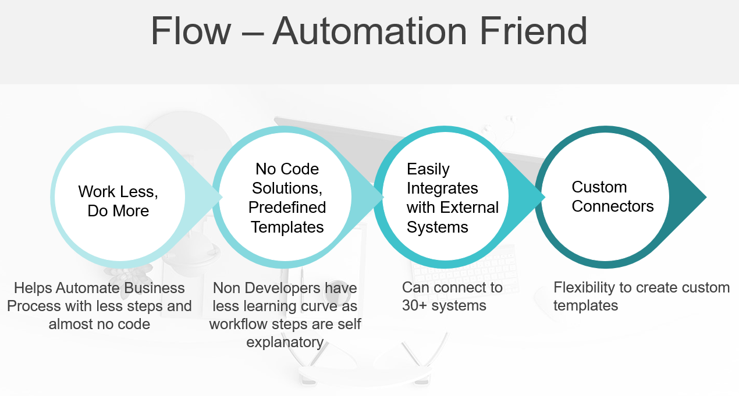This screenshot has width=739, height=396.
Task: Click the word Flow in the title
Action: click(191, 31)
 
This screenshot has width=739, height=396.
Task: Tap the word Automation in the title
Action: click(370, 31)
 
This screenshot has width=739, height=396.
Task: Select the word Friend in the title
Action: click(534, 31)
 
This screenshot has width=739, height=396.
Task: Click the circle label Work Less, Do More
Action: click(118, 201)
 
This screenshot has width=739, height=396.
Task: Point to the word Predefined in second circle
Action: click(287, 208)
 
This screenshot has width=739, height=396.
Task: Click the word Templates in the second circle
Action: click(287, 227)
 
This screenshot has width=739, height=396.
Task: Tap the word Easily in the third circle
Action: click(428, 169)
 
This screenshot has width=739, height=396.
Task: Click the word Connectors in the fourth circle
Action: click(613, 206)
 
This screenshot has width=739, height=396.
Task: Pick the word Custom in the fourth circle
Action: click(599, 187)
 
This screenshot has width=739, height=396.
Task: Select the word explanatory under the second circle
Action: click(285, 343)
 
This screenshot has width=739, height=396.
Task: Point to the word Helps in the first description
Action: click(33, 288)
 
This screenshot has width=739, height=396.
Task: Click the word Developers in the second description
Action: click(283, 288)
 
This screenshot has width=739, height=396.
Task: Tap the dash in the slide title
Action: click(253, 33)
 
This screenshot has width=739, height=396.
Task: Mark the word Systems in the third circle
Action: click(437, 227)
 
